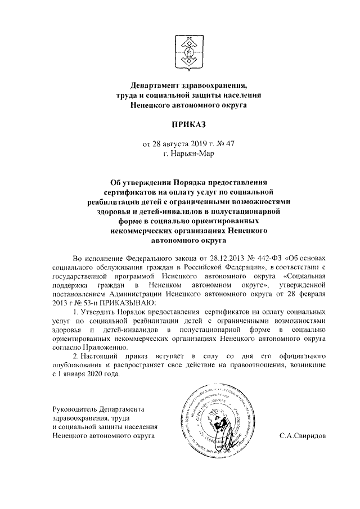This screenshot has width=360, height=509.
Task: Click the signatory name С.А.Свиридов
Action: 305,435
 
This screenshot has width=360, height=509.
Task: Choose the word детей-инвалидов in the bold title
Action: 172,211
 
